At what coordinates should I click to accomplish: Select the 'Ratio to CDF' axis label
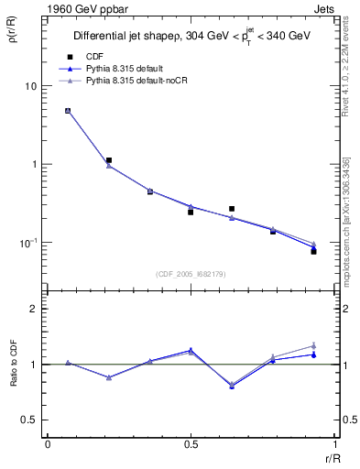(x=13, y=379)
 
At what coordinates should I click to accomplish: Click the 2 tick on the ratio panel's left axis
(x=32, y=310)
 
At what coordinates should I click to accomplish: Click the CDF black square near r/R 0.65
(x=232, y=209)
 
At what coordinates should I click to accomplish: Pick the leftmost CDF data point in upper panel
(x=68, y=111)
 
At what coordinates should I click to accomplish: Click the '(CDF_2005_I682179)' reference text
(x=191, y=273)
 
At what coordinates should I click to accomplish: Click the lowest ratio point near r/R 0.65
(x=232, y=387)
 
